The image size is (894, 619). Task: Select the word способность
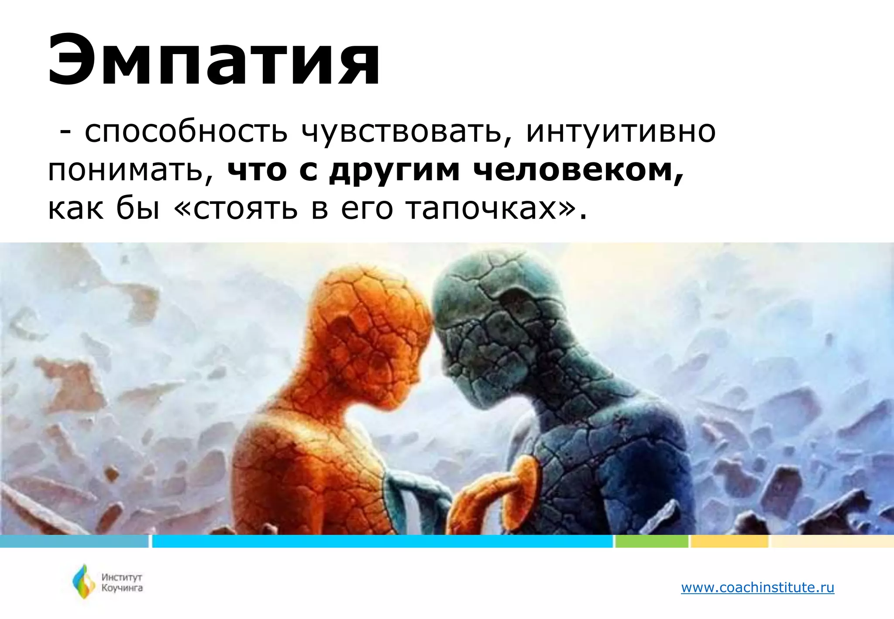tap(186, 131)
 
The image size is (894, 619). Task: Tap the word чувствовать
tap(402, 131)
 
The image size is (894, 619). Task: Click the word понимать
tap(130, 170)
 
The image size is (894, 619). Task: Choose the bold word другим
tap(395, 170)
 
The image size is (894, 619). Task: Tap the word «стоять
tap(236, 209)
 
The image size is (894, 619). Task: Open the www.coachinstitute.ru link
tap(757, 588)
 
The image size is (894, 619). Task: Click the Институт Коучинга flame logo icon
tap(83, 581)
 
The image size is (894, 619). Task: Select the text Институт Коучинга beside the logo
tap(122, 583)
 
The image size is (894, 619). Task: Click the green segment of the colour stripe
tap(651, 541)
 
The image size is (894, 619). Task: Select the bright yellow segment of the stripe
tap(729, 541)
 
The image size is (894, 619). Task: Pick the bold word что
tap(257, 170)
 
